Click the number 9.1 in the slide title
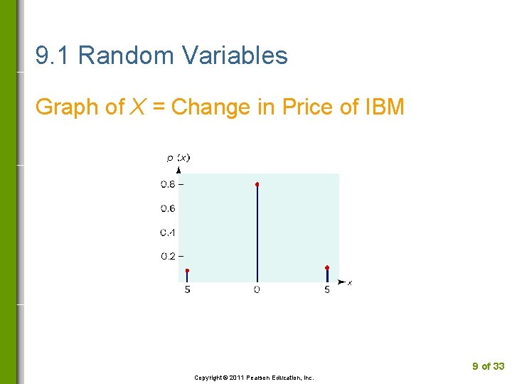click(53, 55)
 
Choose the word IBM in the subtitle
click(385, 107)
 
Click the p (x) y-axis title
click(178, 158)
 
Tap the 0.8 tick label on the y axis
click(168, 184)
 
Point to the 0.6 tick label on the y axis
click(168, 208)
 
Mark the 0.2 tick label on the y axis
click(168, 256)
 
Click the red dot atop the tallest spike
click(257, 184)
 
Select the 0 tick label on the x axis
click(257, 289)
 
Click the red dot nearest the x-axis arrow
click(327, 268)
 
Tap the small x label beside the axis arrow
click(350, 283)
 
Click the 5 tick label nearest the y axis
click(187, 289)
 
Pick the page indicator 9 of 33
click(488, 366)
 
